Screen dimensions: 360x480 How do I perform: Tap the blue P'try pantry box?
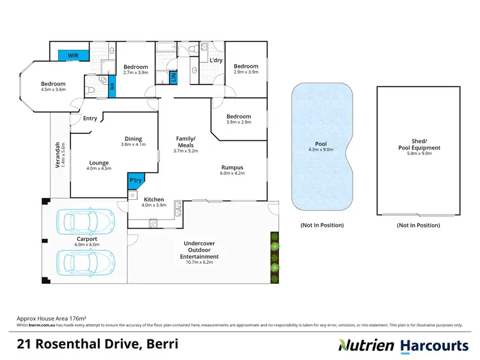pyautogui.click(x=135, y=181)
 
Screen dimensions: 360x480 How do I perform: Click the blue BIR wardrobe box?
pyautogui.click(x=111, y=86)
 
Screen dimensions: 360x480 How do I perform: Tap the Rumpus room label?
pyautogui.click(x=232, y=167)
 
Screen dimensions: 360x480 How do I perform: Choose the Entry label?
pyautogui.click(x=90, y=118)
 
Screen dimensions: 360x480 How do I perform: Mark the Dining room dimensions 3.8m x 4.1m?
pyautogui.click(x=133, y=145)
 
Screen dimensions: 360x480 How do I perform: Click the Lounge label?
pyautogui.click(x=98, y=163)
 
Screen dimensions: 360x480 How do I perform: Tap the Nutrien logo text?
pyautogui.click(x=365, y=346)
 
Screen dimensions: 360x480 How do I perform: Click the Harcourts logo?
pyautogui.click(x=434, y=346)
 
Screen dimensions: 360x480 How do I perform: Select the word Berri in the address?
pyautogui.click(x=161, y=345)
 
